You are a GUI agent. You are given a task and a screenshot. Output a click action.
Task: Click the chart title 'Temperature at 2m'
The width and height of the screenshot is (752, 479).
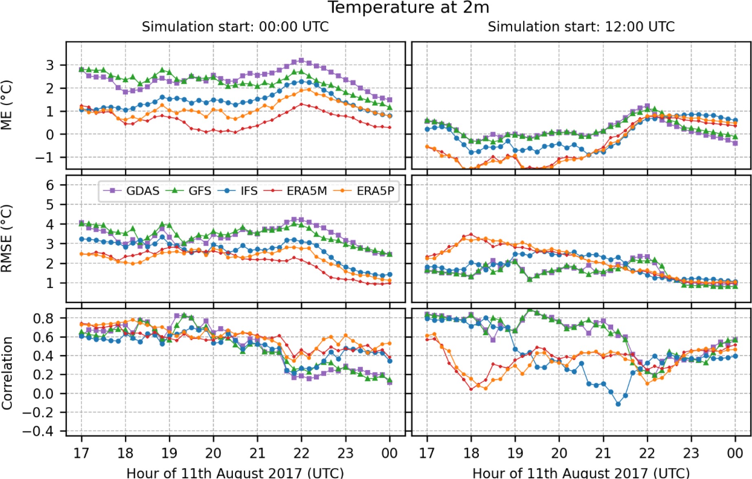click(x=408, y=7)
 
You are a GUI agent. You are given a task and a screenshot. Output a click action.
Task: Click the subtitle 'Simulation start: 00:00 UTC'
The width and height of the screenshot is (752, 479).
click(x=235, y=27)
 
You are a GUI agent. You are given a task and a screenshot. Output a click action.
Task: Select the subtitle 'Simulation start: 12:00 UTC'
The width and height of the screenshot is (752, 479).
click(x=581, y=27)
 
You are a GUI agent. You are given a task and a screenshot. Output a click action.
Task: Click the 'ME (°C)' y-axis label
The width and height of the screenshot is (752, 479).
click(x=7, y=105)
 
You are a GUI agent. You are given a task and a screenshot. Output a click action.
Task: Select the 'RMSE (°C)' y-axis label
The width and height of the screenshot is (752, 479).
click(x=7, y=238)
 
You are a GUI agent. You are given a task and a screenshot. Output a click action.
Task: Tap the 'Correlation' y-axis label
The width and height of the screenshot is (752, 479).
click(x=7, y=373)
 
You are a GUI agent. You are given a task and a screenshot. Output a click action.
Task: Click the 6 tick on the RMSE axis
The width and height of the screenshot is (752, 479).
click(x=50, y=185)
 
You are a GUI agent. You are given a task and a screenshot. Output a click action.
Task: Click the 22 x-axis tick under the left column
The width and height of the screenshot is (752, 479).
click(x=301, y=453)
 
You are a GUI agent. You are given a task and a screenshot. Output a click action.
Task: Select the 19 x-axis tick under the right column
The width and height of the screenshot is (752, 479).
click(x=515, y=453)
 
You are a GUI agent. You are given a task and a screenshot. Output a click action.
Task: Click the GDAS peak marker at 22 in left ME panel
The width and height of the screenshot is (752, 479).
click(x=301, y=61)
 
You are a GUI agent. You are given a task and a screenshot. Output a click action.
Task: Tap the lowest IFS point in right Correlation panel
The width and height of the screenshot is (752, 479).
click(x=618, y=404)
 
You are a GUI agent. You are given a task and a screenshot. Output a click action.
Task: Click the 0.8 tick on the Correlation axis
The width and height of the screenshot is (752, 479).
click(x=43, y=318)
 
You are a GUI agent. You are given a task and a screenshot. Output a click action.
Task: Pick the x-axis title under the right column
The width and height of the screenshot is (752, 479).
click(x=581, y=473)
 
